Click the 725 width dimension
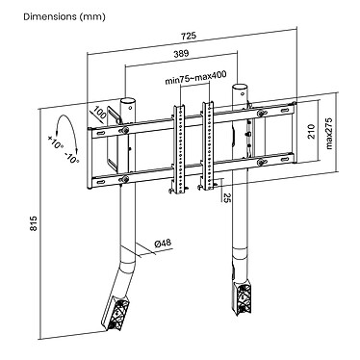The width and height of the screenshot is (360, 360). coord(190,36)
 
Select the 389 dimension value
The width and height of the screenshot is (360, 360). coord(181,54)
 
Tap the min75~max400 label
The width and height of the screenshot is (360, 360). coord(195,78)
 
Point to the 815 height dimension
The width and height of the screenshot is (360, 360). coord(34,223)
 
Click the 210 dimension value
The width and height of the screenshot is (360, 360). coord(311,132)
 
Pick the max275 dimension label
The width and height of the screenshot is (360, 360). coord(329,134)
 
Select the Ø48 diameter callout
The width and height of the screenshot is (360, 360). coord(163,244)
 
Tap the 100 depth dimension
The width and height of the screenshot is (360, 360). coord(100,114)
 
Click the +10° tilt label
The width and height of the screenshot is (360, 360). coord(56,142)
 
